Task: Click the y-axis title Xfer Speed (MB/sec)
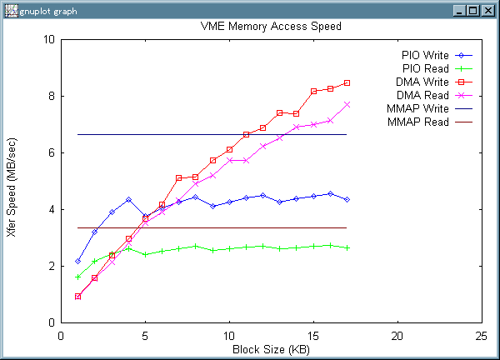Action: (11, 181)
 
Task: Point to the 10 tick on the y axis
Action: (49, 39)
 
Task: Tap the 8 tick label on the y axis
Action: (52, 96)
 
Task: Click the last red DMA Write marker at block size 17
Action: (347, 82)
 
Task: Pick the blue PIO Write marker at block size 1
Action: (77, 261)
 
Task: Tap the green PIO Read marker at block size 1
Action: (77, 277)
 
